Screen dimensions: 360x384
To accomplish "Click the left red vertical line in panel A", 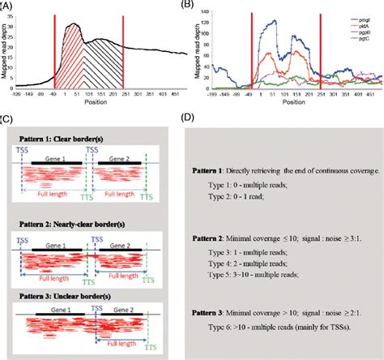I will (x=54, y=49).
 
